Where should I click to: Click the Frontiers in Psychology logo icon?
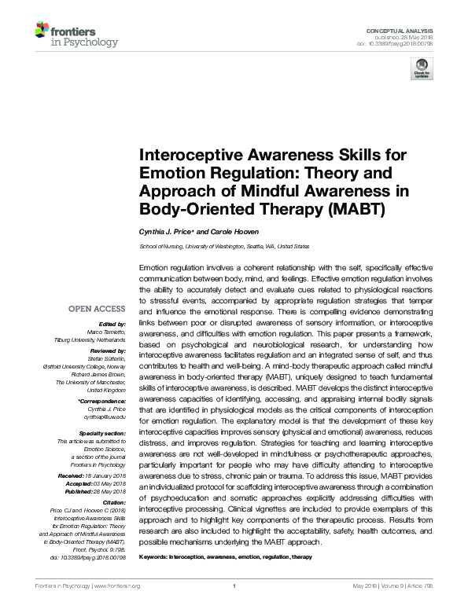[42, 32]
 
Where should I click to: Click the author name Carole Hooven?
[241, 232]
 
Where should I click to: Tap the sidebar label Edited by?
[112, 324]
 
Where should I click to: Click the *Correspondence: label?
[102, 402]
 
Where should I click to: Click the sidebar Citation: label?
[113, 502]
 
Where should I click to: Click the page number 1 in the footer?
[234, 607]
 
